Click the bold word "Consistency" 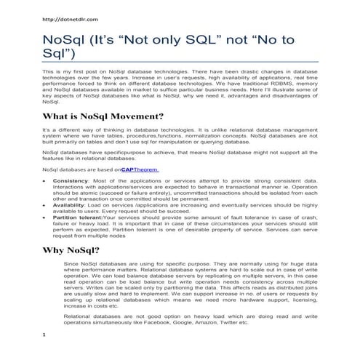[x=71, y=180]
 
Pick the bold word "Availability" [x=71, y=207]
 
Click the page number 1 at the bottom [x=45, y=334]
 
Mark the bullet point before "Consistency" [x=46, y=180]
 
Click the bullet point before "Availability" [x=46, y=207]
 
